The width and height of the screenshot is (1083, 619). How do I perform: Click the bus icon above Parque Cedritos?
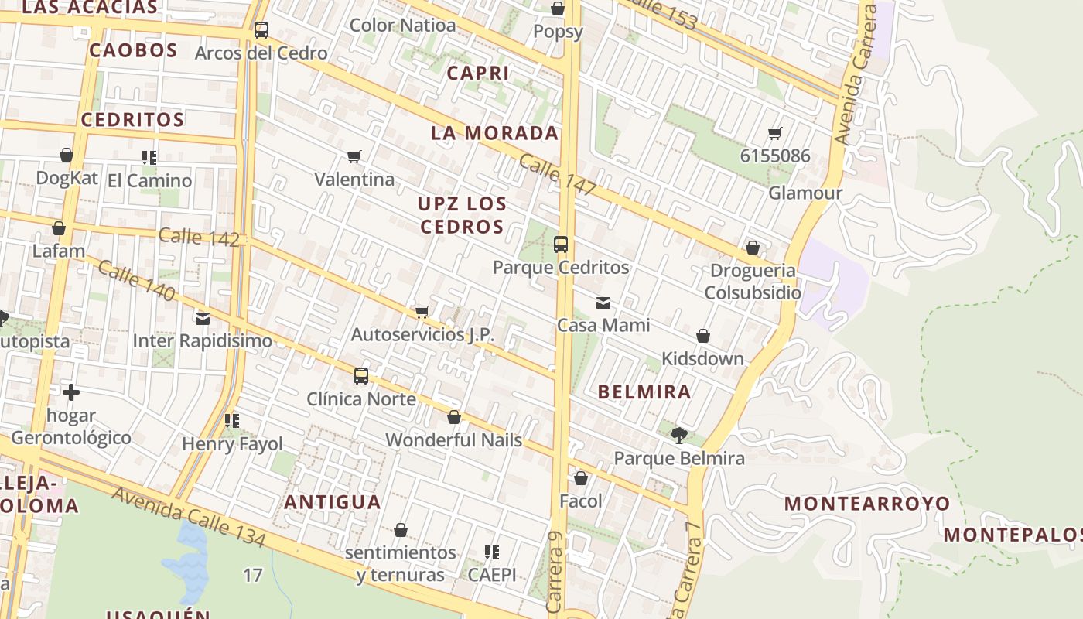pyautogui.click(x=561, y=245)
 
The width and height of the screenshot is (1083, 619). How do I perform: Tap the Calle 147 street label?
pyautogui.click(x=558, y=174)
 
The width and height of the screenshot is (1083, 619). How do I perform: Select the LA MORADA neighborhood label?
pyautogui.click(x=494, y=133)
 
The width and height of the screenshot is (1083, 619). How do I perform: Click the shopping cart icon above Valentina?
pyautogui.click(x=354, y=157)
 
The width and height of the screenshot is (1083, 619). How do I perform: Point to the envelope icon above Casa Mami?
pyautogui.click(x=603, y=303)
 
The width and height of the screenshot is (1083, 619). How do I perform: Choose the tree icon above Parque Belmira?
pyautogui.click(x=679, y=435)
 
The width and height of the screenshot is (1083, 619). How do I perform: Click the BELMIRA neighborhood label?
pyautogui.click(x=644, y=392)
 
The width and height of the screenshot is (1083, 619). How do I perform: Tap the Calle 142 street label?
pyautogui.click(x=199, y=237)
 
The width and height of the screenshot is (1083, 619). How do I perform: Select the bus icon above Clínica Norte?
pyautogui.click(x=361, y=376)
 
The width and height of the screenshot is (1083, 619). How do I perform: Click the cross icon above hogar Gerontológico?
pyautogui.click(x=71, y=392)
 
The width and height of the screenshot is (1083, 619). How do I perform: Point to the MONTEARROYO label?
pyautogui.click(x=867, y=504)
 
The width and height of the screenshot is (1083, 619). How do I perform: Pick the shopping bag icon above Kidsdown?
pyautogui.click(x=703, y=336)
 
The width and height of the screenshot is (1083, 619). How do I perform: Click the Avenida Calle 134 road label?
pyautogui.click(x=189, y=517)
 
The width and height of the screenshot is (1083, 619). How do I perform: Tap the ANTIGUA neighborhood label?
pyautogui.click(x=333, y=502)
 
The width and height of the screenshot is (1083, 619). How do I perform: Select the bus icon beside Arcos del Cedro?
pyautogui.click(x=261, y=30)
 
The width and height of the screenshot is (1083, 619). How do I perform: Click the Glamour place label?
pyautogui.click(x=805, y=193)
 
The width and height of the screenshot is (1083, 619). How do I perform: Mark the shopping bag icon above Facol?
pyautogui.click(x=581, y=478)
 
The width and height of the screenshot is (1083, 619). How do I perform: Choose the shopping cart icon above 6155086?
pyautogui.click(x=775, y=133)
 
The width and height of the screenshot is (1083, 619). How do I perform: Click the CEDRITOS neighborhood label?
pyautogui.click(x=132, y=120)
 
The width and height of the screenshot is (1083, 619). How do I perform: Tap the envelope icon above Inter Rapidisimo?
pyautogui.click(x=203, y=318)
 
